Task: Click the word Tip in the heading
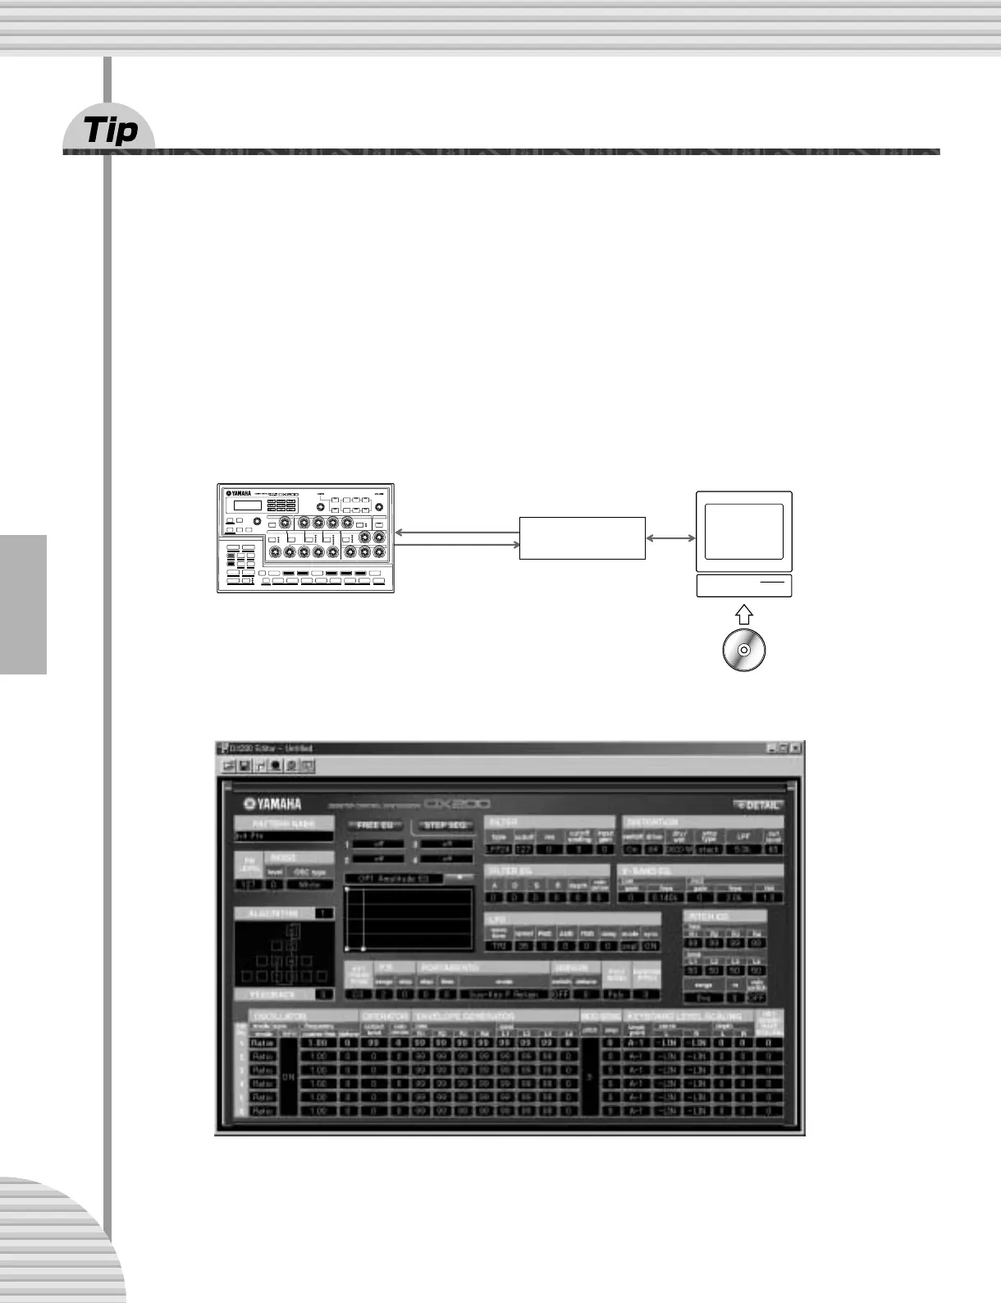(111, 130)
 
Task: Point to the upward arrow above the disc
(743, 614)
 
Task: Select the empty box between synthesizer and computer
(583, 537)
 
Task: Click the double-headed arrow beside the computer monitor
(670, 538)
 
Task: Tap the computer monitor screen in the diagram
(744, 531)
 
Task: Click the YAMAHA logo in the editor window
(273, 804)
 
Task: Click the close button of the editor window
(795, 748)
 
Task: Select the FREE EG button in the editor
(375, 825)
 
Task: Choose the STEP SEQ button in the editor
(446, 825)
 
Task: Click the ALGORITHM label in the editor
(274, 913)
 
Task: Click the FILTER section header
(503, 821)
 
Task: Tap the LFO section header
(497, 919)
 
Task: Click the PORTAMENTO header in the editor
(450, 968)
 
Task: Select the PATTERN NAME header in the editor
(283, 823)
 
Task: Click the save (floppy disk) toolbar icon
(245, 766)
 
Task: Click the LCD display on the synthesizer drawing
(248, 505)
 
